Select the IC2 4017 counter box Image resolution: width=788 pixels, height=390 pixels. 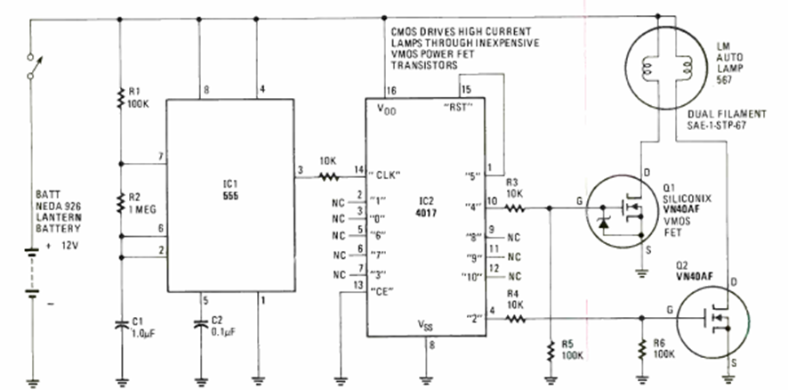point(430,214)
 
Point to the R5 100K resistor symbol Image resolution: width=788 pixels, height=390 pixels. point(551,350)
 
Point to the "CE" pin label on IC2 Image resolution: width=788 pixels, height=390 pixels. point(383,290)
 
